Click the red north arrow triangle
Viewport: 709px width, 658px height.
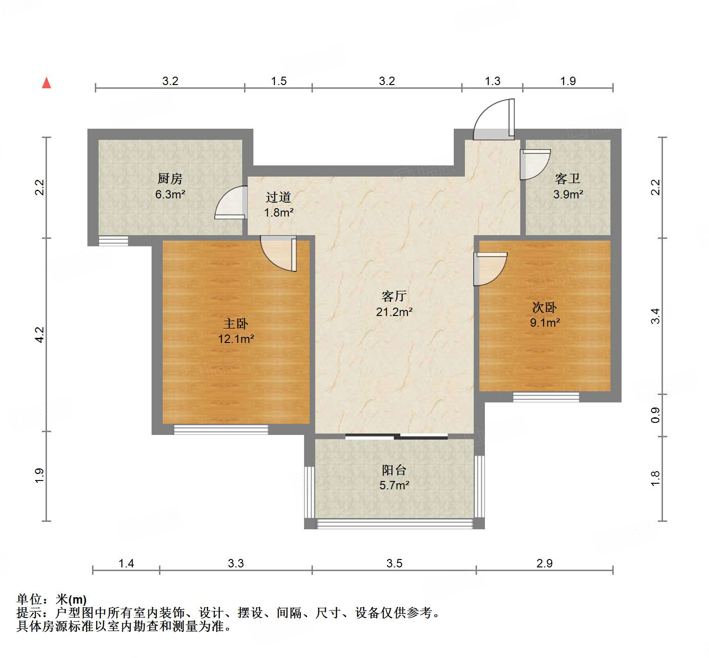pyautogui.click(x=46, y=83)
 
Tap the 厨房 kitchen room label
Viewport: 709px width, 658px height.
pyautogui.click(x=170, y=178)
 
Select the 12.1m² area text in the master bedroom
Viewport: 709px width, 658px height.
pyautogui.click(x=236, y=339)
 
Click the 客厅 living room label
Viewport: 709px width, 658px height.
pyautogui.click(x=394, y=296)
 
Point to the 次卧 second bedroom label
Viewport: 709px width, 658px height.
pyautogui.click(x=544, y=307)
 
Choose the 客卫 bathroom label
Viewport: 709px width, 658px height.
pyautogui.click(x=568, y=179)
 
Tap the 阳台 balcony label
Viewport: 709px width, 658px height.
pyautogui.click(x=394, y=470)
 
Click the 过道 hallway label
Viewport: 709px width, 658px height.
pyautogui.click(x=278, y=197)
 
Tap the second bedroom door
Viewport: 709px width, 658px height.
pyautogui.click(x=489, y=269)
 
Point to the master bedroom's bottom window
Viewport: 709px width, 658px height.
pyautogui.click(x=221, y=430)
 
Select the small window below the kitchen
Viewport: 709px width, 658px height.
pyautogui.click(x=113, y=241)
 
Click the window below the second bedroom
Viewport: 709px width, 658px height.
pyautogui.click(x=546, y=397)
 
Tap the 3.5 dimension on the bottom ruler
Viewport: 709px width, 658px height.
pyautogui.click(x=394, y=564)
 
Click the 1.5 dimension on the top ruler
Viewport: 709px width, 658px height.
pyautogui.click(x=278, y=81)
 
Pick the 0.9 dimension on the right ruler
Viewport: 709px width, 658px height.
pyautogui.click(x=655, y=415)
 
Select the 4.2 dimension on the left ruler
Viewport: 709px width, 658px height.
pyautogui.click(x=40, y=335)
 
